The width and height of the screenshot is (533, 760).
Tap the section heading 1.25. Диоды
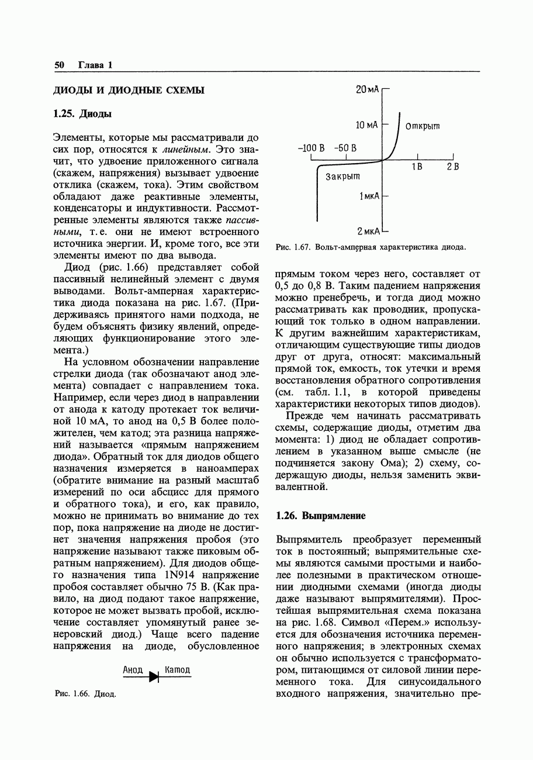point(82,113)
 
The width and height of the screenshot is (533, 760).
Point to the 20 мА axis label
point(367,89)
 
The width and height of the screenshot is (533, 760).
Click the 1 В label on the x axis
point(417,167)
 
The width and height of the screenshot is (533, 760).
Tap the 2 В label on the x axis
point(453,167)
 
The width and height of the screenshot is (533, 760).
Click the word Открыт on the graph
point(423,126)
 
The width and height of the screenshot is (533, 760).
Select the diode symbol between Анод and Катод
point(154,676)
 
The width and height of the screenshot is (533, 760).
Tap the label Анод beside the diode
point(133,670)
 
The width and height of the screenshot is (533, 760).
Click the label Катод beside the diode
point(177,670)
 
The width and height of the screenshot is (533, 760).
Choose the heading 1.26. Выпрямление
point(320,516)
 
